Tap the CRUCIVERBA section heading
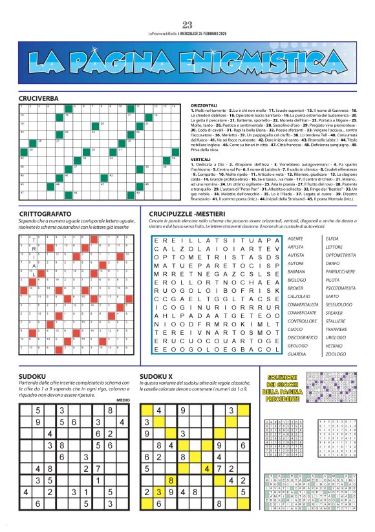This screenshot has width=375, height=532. pos(38,98)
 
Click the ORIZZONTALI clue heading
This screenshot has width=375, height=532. pos(204,105)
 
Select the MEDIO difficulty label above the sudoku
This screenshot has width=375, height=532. pos(123,400)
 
